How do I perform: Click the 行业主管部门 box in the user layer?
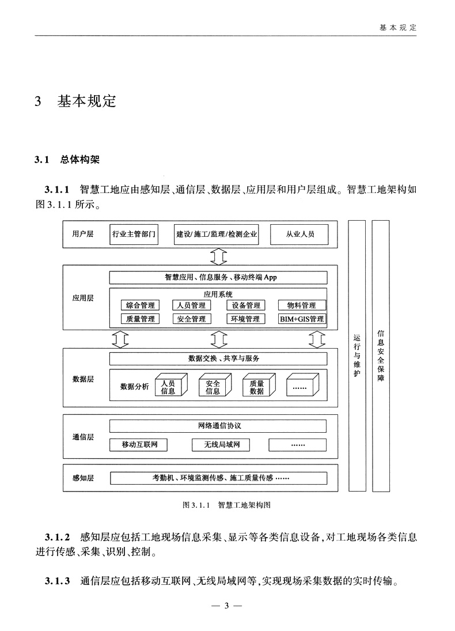[134, 235]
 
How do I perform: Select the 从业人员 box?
[299, 235]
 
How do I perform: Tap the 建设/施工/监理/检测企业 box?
[217, 235]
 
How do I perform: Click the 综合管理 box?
[140, 305]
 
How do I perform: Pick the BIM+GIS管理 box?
[302, 319]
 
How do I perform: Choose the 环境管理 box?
[245, 319]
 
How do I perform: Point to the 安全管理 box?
[192, 319]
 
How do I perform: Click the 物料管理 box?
[302, 305]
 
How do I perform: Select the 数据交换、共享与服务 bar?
[218, 358]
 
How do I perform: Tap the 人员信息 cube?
[168, 387]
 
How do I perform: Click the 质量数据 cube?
[256, 387]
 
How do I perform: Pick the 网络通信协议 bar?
[218, 426]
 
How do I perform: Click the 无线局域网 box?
[218, 445]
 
